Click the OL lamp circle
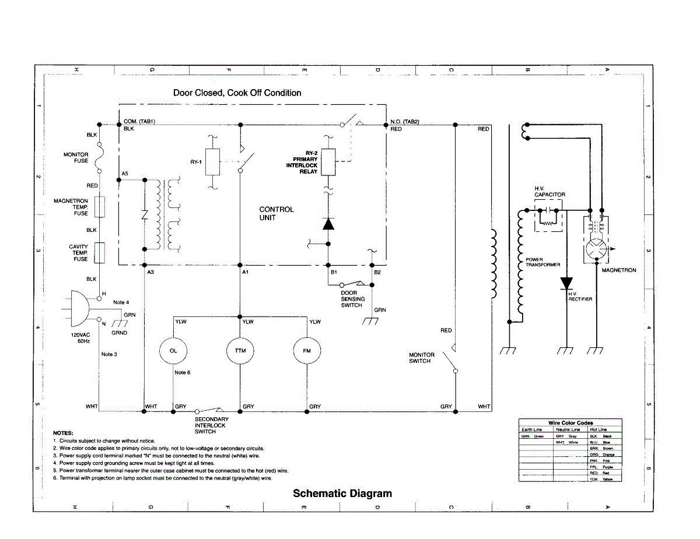click(174, 351)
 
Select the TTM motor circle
click(240, 351)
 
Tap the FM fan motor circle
click(308, 351)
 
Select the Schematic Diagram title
click(342, 494)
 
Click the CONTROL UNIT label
click(276, 213)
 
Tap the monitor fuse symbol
click(100, 157)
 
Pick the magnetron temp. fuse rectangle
click(100, 207)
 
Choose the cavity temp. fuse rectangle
click(100, 252)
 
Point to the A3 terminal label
click(150, 273)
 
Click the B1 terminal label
click(334, 273)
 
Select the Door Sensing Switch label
click(352, 299)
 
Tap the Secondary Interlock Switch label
click(211, 425)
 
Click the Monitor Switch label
click(421, 358)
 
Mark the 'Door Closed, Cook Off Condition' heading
click(237, 93)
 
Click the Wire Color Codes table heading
click(570, 422)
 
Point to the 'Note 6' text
click(182, 372)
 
